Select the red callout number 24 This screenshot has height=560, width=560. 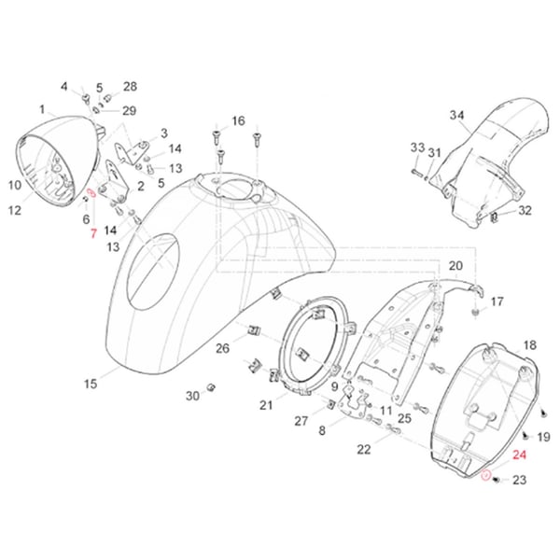[520, 456]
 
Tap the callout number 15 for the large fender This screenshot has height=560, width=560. [91, 384]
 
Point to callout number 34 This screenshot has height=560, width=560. [456, 116]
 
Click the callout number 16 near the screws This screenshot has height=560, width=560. [238, 121]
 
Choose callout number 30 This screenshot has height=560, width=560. [191, 396]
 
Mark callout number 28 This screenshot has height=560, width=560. [130, 87]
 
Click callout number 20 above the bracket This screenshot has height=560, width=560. [455, 266]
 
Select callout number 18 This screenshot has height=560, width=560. [529, 345]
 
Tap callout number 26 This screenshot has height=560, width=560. [222, 349]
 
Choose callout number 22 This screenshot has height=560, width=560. [363, 449]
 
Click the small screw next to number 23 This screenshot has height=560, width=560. [497, 479]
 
